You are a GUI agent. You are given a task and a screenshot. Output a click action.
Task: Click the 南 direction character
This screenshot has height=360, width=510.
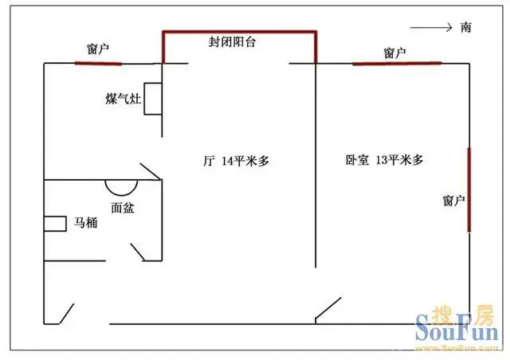coord(465,27)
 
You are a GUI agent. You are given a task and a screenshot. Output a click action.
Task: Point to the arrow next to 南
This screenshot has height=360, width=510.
coord(431,28)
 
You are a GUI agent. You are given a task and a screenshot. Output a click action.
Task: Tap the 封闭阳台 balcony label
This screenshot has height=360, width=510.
coord(232,42)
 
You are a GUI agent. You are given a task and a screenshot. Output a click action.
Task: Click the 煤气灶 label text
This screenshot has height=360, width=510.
coord(124,99)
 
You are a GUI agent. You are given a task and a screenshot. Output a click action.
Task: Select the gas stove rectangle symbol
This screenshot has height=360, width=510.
coord(153,99)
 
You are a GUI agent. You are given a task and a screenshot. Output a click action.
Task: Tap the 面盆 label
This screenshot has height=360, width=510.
coord(123,208)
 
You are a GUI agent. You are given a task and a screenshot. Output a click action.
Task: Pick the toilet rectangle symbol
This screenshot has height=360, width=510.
coord(55,224)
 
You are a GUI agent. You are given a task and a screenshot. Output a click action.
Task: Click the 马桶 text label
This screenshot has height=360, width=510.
coord(86,223)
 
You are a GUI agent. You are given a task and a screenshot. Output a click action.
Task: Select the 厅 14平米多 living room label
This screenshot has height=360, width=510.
coord(237,161)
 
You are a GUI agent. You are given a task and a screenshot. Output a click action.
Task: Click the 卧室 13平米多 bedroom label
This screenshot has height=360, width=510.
coord(384,160)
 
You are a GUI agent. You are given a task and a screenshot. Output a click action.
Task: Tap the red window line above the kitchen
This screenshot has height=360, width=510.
coord(98,64)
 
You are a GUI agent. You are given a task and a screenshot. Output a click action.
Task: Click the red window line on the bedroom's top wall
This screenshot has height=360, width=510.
coord(397,63)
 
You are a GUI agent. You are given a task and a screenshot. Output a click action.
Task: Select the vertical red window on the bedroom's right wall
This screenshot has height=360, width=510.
coord(469,190)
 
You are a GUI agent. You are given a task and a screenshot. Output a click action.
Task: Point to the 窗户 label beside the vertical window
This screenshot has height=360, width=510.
coord(453,201)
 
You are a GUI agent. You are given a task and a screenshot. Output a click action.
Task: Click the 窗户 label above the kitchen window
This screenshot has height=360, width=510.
coord(97,49)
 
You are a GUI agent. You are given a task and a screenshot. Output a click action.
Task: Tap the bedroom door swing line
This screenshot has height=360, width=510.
coord(328,308)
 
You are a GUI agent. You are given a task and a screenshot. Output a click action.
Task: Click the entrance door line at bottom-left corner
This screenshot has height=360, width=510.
coord(66,314)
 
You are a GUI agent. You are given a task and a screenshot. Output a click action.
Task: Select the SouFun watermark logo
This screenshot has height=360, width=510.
coord(457,327)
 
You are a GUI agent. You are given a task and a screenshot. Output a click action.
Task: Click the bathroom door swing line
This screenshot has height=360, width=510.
coord(138,252)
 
